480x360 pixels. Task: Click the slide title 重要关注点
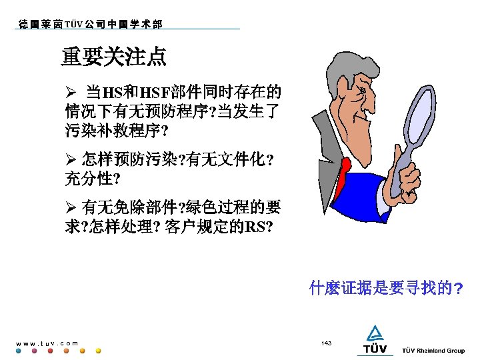114,57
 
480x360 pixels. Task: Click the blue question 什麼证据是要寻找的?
387,289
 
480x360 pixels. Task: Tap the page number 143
326,343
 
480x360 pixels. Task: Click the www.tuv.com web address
47,343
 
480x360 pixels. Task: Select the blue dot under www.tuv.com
18,351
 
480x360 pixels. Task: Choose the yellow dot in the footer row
98,351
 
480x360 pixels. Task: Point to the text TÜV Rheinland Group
433,351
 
